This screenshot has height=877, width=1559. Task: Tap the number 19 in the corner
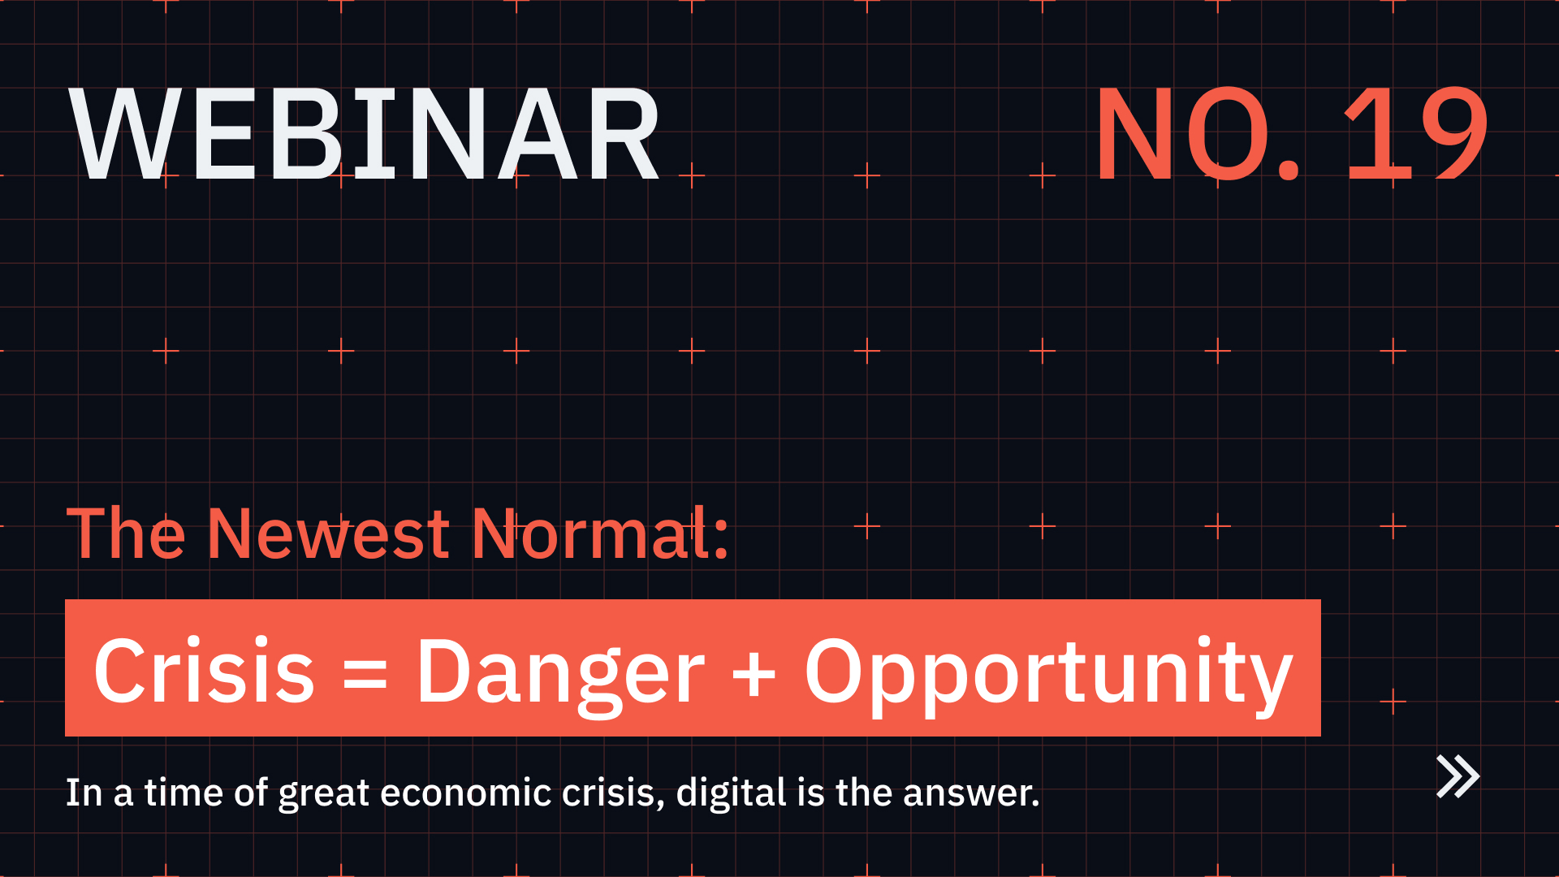[1416, 134]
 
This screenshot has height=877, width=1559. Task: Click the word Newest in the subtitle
[328, 534]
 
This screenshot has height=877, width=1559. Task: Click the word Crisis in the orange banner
[204, 671]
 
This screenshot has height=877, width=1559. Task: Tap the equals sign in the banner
[365, 674]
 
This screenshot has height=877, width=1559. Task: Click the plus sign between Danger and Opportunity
[754, 674]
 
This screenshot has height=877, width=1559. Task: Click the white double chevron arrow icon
[1458, 776]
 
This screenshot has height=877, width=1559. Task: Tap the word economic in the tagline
[465, 793]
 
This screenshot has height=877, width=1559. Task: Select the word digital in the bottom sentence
[731, 793]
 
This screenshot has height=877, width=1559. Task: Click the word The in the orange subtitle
[126, 534]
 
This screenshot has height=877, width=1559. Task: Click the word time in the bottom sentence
[184, 793]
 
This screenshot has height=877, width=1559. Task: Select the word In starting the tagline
[84, 793]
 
